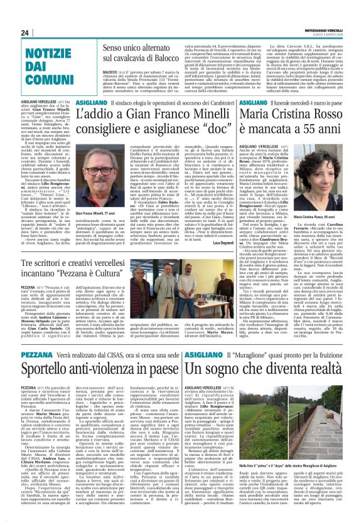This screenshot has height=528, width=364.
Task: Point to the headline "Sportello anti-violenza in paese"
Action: pyautogui.click(x=94, y=369)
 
